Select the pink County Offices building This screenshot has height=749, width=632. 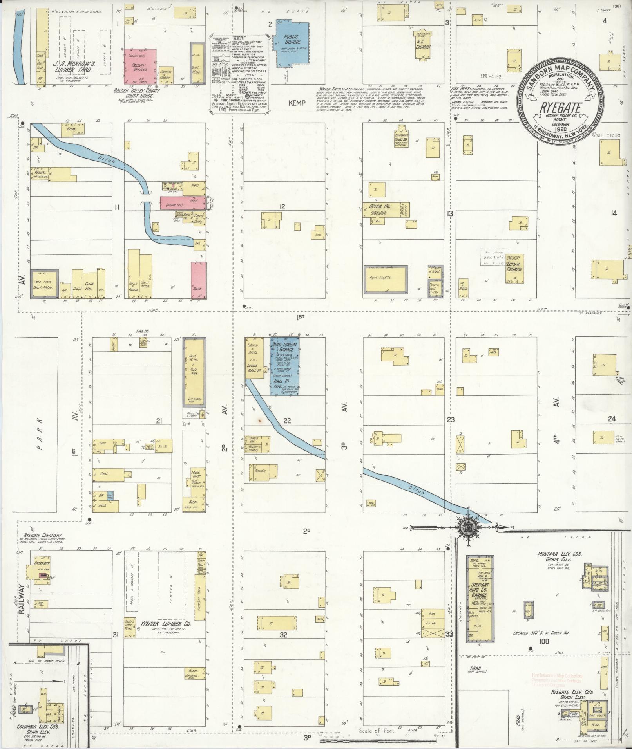[140, 67]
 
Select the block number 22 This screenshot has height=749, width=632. [287, 421]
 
